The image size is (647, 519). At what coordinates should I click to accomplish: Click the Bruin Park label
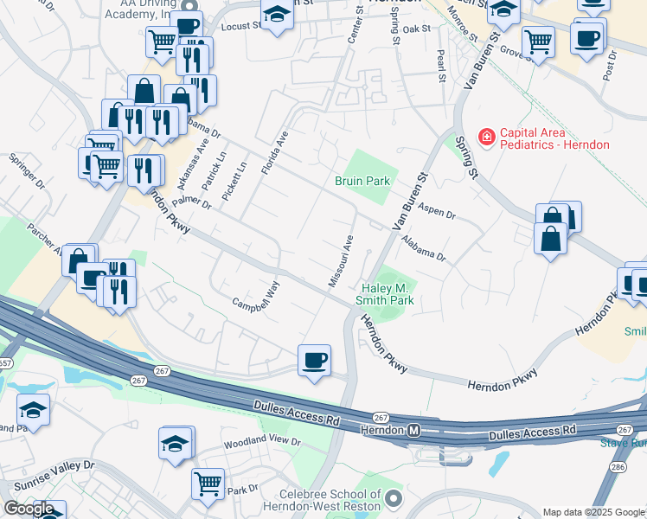point(362,181)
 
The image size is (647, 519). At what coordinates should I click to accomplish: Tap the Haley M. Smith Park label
point(385,294)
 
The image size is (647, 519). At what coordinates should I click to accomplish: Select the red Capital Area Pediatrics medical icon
point(486,138)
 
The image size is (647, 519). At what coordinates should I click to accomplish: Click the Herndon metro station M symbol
point(414,430)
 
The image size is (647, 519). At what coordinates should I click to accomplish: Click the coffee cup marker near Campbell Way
point(314,358)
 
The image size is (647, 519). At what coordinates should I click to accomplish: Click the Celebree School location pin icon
point(394,498)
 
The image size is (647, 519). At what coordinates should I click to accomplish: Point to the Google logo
point(29,509)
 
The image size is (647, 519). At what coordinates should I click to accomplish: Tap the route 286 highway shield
point(618,467)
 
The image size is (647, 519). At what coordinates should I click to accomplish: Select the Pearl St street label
point(441,61)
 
